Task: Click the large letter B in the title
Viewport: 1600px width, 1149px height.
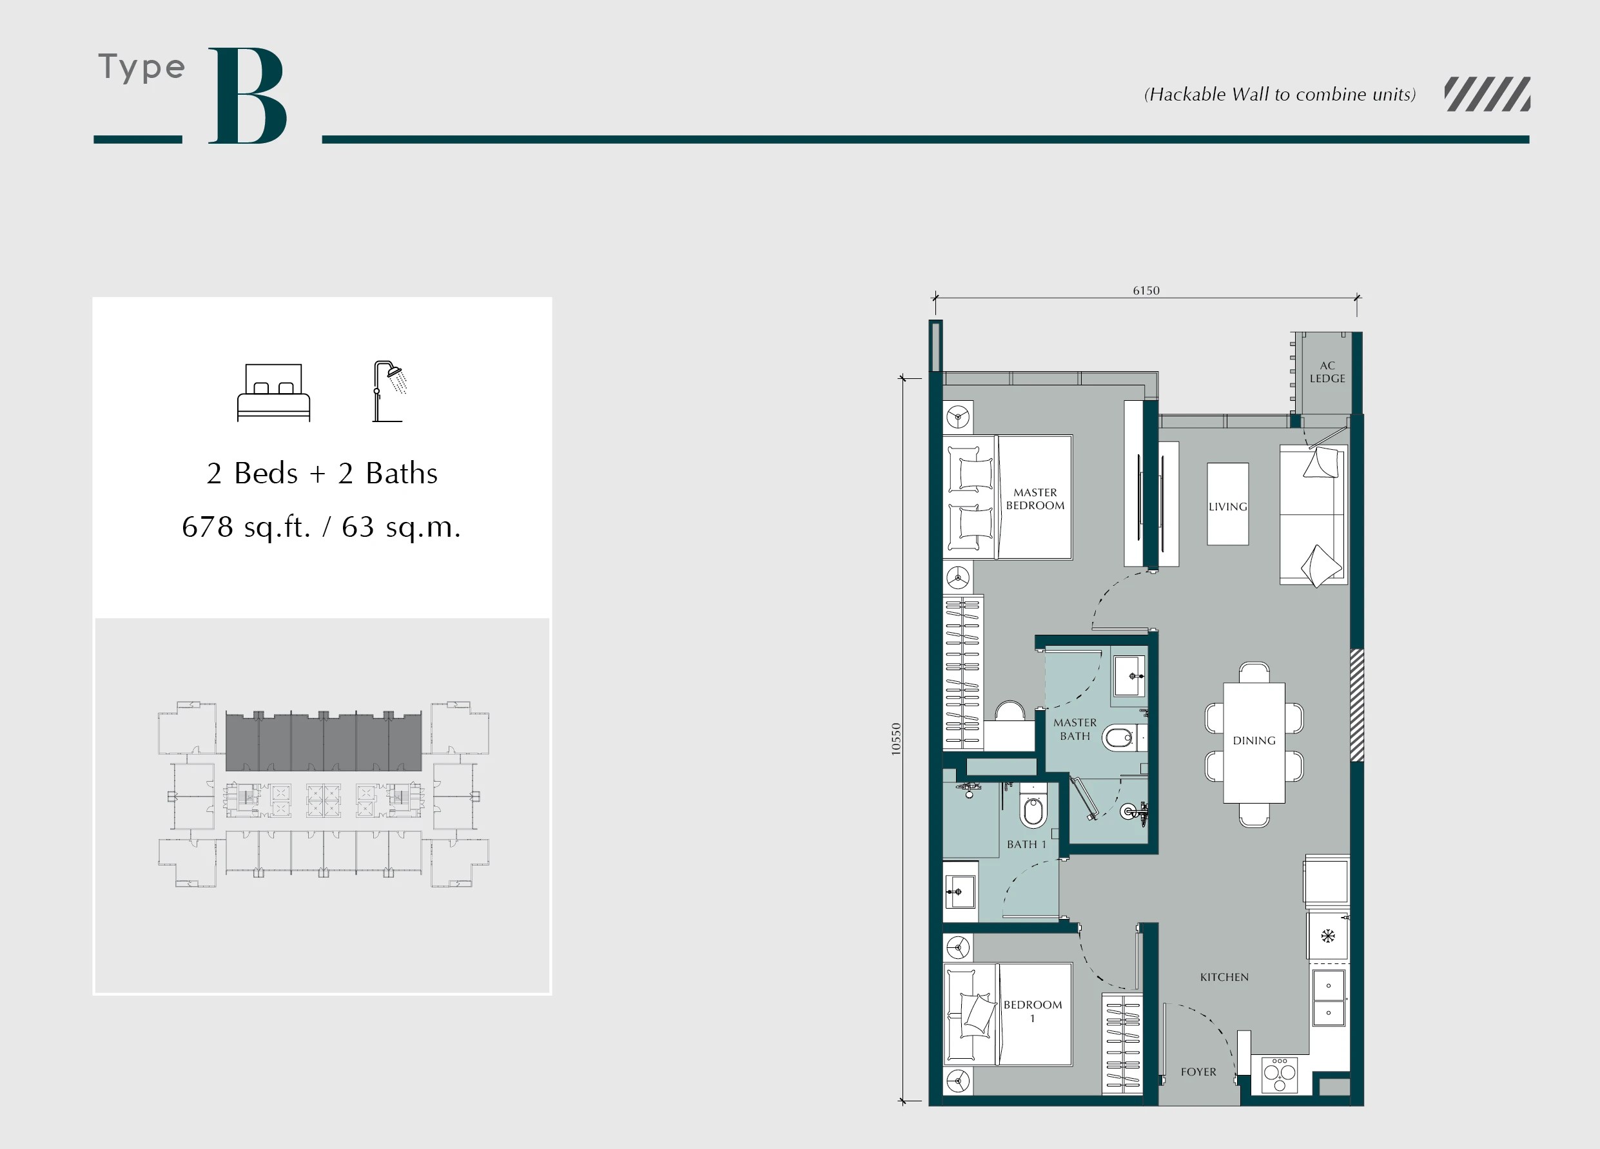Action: [x=247, y=96]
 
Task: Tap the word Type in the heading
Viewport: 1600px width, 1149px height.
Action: [x=142, y=68]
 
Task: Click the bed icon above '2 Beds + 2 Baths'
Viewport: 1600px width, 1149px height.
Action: [x=273, y=392]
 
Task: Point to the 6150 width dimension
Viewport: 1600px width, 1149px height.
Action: [x=1146, y=291]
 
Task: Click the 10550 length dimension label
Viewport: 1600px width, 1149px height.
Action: [x=896, y=739]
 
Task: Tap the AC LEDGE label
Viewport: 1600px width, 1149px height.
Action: [x=1327, y=372]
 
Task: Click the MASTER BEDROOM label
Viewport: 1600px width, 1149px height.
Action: [x=1035, y=499]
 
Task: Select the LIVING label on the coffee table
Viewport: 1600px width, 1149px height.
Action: [x=1227, y=507]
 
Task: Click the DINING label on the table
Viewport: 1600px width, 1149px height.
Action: [x=1254, y=740]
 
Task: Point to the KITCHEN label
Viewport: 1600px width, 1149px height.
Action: [x=1224, y=977]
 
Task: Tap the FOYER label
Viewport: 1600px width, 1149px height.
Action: [x=1198, y=1072]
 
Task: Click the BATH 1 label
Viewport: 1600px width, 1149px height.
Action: [x=1026, y=844]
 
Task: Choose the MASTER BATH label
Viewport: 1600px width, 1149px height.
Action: [x=1075, y=729]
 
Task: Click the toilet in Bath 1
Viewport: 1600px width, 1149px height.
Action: [x=1033, y=812]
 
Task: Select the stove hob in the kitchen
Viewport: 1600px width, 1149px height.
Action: [x=1279, y=1074]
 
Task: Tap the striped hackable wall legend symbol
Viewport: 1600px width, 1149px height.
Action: [x=1487, y=95]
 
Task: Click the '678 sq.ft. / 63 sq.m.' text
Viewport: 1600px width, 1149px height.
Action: [x=321, y=527]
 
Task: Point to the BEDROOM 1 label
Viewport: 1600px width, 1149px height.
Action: [x=1032, y=1010]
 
